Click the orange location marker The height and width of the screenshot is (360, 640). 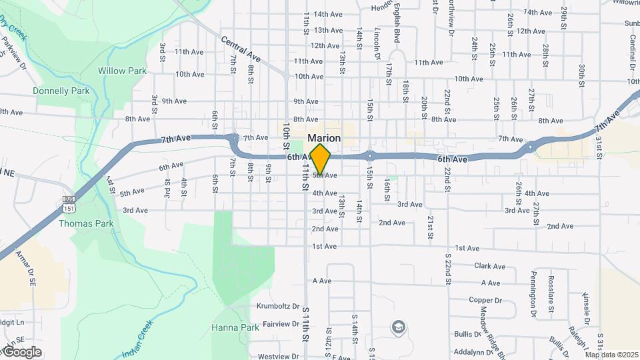(321, 159)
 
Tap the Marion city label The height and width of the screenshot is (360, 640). (324, 138)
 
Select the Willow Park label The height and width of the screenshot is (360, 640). (122, 70)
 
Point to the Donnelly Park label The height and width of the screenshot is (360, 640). (61, 91)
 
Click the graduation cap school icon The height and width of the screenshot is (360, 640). (398, 327)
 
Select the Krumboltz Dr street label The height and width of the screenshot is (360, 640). (278, 307)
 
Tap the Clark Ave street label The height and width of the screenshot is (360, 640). (490, 266)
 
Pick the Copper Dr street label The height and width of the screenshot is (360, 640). (485, 301)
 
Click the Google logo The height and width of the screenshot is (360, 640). (22, 351)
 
